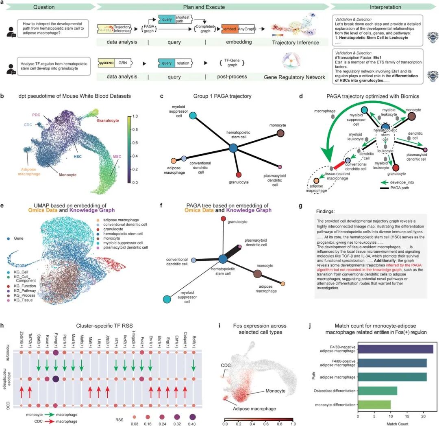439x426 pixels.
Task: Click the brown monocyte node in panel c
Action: (280, 133)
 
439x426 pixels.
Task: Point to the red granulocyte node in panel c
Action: (239, 175)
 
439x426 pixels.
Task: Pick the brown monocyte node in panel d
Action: (411, 117)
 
